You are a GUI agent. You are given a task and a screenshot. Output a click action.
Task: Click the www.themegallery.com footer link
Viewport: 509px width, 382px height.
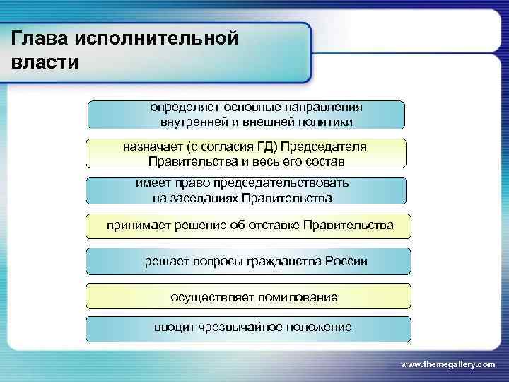click(447, 364)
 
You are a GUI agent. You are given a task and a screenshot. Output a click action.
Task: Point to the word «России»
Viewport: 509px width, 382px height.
click(346, 261)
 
